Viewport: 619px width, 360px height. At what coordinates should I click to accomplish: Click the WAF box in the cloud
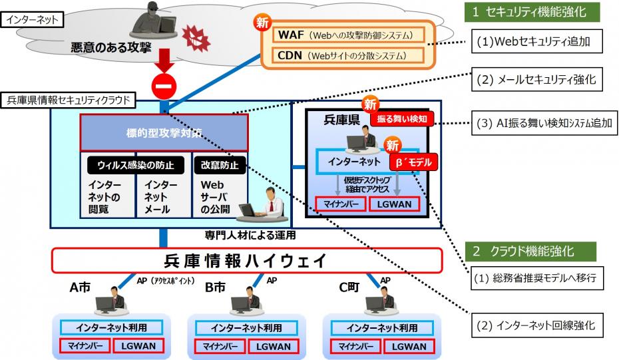(x=346, y=35)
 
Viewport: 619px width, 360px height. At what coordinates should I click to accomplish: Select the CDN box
(x=346, y=55)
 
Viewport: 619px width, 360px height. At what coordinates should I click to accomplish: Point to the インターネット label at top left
(x=32, y=19)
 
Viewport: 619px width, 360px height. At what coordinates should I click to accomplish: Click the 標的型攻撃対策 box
(x=164, y=132)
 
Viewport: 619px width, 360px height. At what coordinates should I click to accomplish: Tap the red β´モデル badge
(x=414, y=161)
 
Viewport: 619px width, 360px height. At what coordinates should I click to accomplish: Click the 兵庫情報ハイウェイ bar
(x=246, y=260)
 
